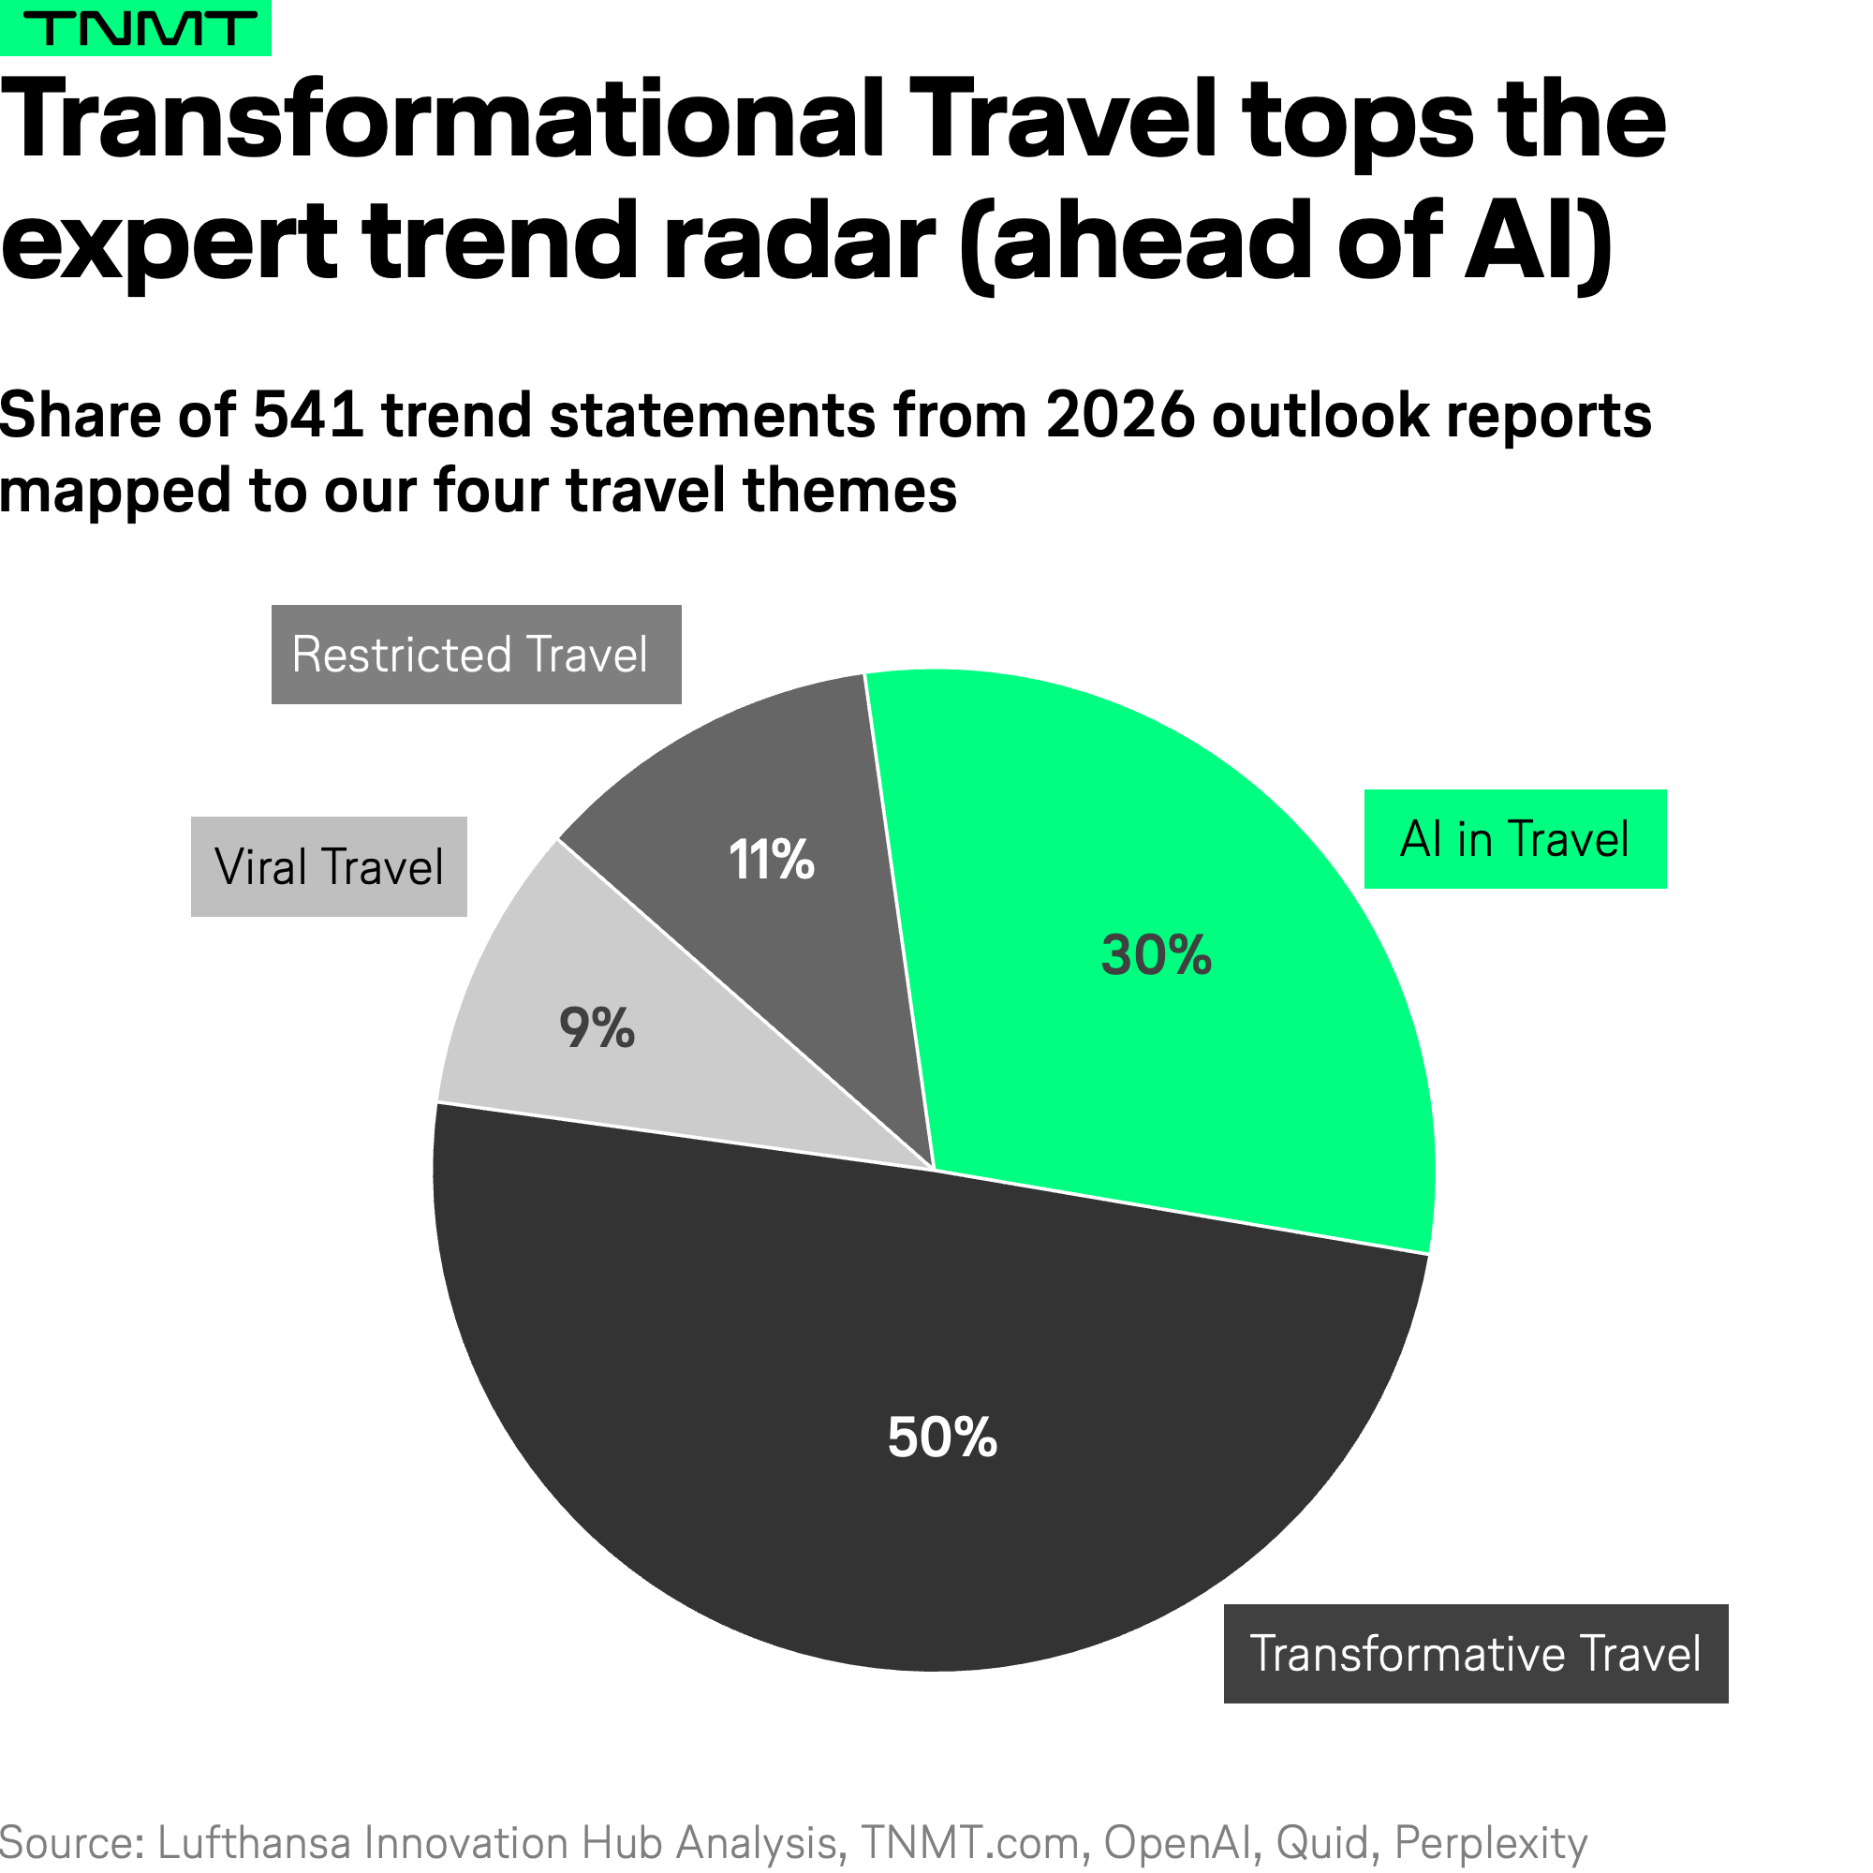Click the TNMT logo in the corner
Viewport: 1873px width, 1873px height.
pyautogui.click(x=136, y=28)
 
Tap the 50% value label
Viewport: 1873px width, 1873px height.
pyautogui.click(x=942, y=1437)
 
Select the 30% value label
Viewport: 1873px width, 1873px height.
pyautogui.click(x=1157, y=955)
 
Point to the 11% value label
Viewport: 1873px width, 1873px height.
pyautogui.click(x=771, y=860)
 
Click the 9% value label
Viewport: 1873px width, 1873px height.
pyautogui.click(x=597, y=1028)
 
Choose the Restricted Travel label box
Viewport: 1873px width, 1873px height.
pyautogui.click(x=476, y=655)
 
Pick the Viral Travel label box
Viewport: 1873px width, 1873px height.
pyautogui.click(x=329, y=866)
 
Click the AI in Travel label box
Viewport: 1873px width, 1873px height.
pyautogui.click(x=1514, y=839)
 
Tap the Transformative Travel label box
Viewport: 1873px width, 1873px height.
pyautogui.click(x=1476, y=1654)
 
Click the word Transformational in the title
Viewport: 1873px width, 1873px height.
pyautogui.click(x=442, y=121)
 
